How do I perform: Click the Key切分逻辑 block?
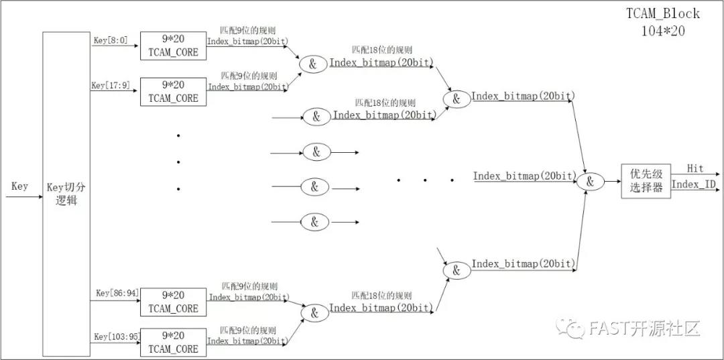tap(66, 193)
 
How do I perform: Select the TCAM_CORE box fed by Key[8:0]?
tap(173, 46)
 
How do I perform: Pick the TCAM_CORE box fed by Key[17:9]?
tap(173, 91)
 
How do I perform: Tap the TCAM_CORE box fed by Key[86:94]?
tap(173, 302)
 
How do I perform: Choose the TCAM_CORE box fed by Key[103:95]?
tap(173, 342)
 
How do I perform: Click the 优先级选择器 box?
tap(646, 181)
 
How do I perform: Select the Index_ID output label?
tap(693, 184)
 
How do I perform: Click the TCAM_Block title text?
tap(663, 13)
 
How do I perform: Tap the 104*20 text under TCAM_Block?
tap(663, 29)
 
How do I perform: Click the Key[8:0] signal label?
tap(110, 41)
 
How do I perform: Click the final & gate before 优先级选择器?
tap(591, 181)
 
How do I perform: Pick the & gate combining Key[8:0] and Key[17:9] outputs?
tap(312, 64)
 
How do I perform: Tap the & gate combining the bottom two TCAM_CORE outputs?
tap(312, 312)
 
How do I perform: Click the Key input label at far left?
tap(19, 186)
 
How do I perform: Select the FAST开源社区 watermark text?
tap(644, 328)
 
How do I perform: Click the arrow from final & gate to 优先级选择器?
tap(612, 181)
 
